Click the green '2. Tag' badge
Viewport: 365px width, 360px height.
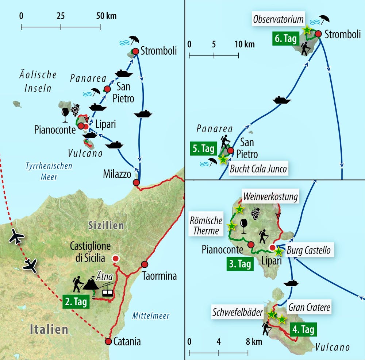point(76,302)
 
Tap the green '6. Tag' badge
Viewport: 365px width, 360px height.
point(285,39)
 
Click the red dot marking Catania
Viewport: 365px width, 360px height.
point(108,341)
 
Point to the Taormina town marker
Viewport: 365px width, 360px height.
point(145,264)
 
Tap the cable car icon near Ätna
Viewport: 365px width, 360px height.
point(108,290)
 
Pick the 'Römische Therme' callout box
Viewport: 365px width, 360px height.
point(206,225)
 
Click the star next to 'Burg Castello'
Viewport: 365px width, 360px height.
point(278,251)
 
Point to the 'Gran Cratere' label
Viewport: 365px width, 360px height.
point(309,307)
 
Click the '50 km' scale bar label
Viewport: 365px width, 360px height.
point(106,16)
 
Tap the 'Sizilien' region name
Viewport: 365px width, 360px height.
point(106,225)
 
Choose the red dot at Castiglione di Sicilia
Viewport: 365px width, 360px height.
point(116,259)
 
